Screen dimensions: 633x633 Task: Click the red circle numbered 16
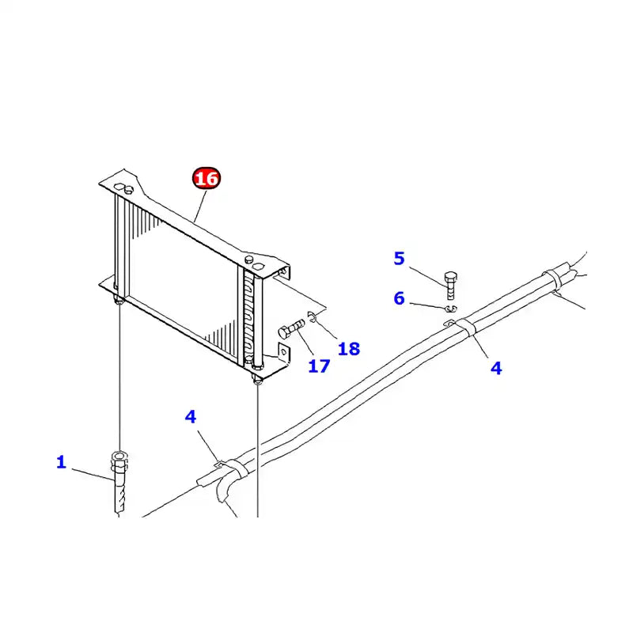[x=206, y=179]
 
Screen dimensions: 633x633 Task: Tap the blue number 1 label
[x=61, y=462]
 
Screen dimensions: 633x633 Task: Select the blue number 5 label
[x=399, y=258]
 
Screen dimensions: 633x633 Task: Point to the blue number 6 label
[x=399, y=298]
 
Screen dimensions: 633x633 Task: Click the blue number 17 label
[x=318, y=366]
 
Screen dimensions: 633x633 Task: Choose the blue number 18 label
[x=349, y=348]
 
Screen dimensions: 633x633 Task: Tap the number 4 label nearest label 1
[x=191, y=416]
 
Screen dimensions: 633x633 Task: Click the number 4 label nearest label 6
[x=496, y=368]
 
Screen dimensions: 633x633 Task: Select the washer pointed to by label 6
[x=450, y=309]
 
